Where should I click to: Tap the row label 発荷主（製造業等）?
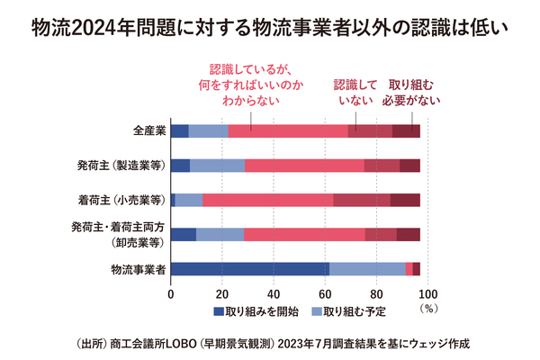coord(121,166)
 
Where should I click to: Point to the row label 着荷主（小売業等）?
coord(121,200)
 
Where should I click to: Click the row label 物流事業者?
coord(138,268)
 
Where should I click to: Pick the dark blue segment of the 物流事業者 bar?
coord(249,268)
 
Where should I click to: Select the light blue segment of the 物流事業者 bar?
coord(367,268)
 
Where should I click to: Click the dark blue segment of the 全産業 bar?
coord(179,131)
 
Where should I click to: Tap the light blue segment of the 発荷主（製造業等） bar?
coord(217,166)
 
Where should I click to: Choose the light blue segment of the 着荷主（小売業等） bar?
coord(189,200)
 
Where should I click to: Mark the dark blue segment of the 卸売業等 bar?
coord(183,234)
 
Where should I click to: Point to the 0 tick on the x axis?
coord(171,292)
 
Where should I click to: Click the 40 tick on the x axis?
coord(274,292)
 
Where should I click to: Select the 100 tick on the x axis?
coord(428,292)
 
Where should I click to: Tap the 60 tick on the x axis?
coord(326,292)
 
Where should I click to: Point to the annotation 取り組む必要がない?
coord(415,93)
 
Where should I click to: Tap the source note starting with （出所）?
coord(270,344)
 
